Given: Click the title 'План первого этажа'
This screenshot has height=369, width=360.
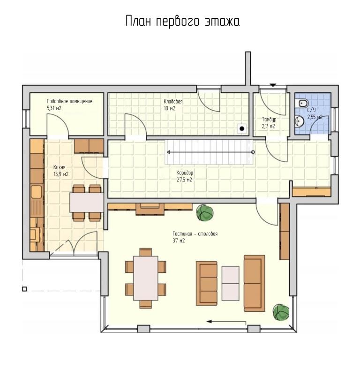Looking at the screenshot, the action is tap(183, 22).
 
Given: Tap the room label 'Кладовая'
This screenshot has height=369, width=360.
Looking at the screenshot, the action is tap(173, 102).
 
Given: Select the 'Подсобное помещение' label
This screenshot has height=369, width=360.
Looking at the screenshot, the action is tap(69, 101).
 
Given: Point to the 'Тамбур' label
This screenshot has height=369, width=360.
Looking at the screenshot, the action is tap(269, 119).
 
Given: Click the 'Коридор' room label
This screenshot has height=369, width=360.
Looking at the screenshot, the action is tap(185, 173).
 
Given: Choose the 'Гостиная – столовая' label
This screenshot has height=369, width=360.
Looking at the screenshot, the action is tap(195, 234).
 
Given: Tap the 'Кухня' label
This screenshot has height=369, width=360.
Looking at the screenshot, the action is tap(59, 167).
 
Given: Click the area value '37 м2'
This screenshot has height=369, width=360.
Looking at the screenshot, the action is tap(179, 241).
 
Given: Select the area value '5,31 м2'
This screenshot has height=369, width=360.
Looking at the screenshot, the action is tap(54, 108).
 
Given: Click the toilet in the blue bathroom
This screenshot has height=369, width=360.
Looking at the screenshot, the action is tap(303, 103).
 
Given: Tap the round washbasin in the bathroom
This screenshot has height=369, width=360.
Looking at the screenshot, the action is tap(299, 121).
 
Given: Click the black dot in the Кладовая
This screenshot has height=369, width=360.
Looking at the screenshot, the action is tap(242, 128).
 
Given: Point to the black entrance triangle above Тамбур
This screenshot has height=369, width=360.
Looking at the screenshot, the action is tap(273, 85).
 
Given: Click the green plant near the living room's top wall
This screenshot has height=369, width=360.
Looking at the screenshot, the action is tap(205, 213).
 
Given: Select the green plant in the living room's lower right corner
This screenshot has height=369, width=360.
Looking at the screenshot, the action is tap(281, 312).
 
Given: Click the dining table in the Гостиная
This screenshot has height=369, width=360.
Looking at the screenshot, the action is tap(146, 278).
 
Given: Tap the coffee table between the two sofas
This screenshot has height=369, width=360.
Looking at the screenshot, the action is tap(230, 283).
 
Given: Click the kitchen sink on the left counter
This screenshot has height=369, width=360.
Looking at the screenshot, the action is tap(37, 192).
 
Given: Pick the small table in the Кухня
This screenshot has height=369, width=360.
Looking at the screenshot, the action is tap(87, 203).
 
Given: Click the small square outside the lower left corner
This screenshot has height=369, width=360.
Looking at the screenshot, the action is tap(24, 289).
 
